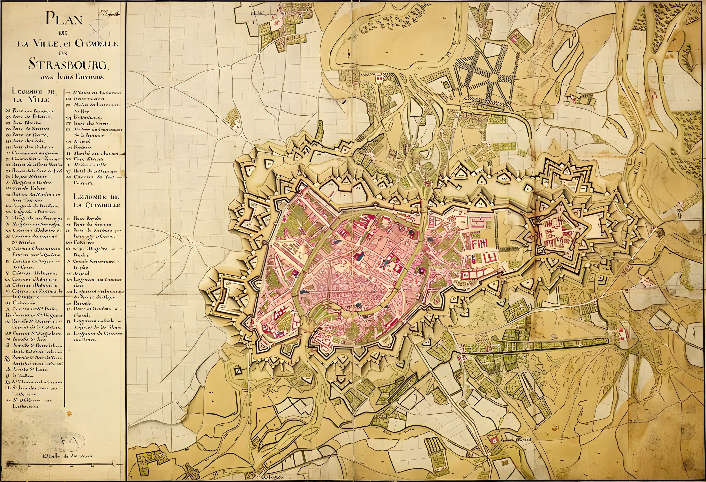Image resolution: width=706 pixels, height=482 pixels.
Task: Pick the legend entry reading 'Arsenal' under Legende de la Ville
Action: pyautogui.click(x=82, y=142)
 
